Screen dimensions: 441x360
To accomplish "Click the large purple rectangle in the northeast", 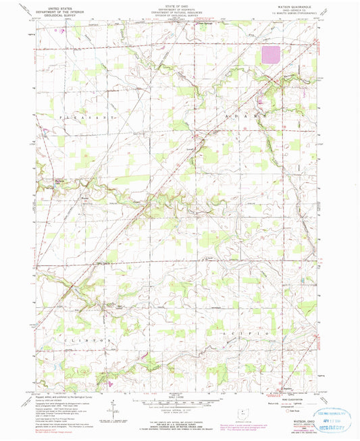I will click(272, 55).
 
